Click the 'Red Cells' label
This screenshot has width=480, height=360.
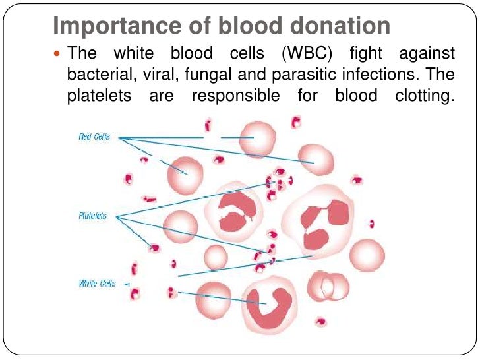click(x=94, y=137)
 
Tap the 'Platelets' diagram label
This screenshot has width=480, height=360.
click(x=92, y=216)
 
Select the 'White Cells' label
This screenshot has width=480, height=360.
click(x=97, y=284)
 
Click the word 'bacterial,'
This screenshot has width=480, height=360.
click(x=96, y=75)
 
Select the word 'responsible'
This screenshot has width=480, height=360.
click(x=235, y=96)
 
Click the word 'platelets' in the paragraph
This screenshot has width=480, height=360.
click(x=96, y=96)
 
